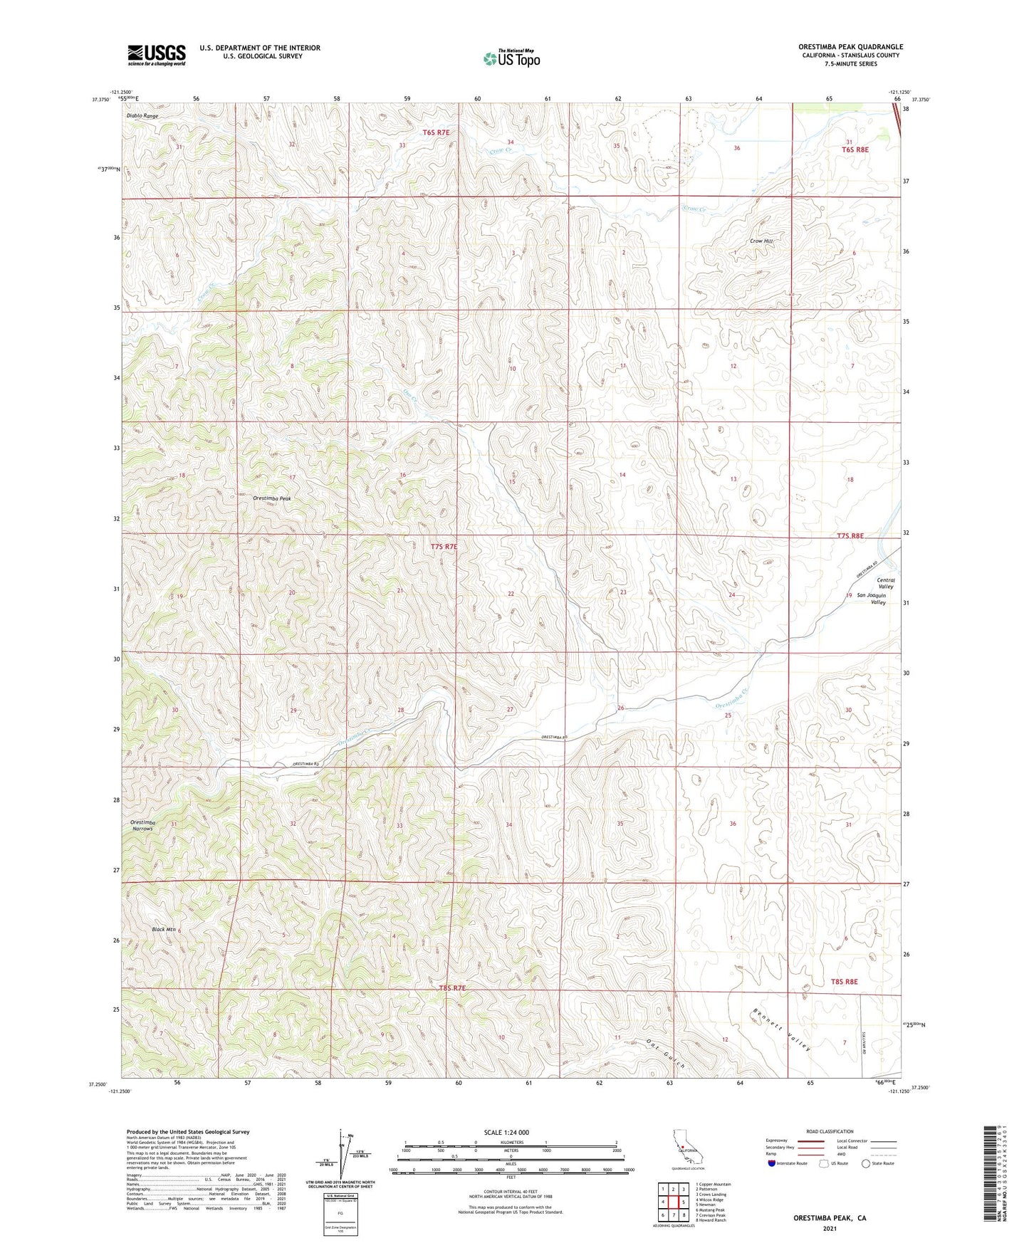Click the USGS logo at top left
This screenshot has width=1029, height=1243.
tap(157, 54)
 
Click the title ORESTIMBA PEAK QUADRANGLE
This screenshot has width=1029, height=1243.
tap(850, 47)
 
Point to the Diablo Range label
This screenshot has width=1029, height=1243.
tap(142, 115)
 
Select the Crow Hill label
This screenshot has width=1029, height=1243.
tap(761, 241)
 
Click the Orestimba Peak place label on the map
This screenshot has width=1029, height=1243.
tap(272, 499)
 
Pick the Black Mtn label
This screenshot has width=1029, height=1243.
tap(164, 930)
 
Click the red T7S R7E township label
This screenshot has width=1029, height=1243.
tap(444, 547)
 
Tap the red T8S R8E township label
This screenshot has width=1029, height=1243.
tap(844, 982)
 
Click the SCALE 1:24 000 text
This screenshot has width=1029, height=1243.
tap(506, 1133)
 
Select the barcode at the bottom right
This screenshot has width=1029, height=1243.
tap(994, 1173)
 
